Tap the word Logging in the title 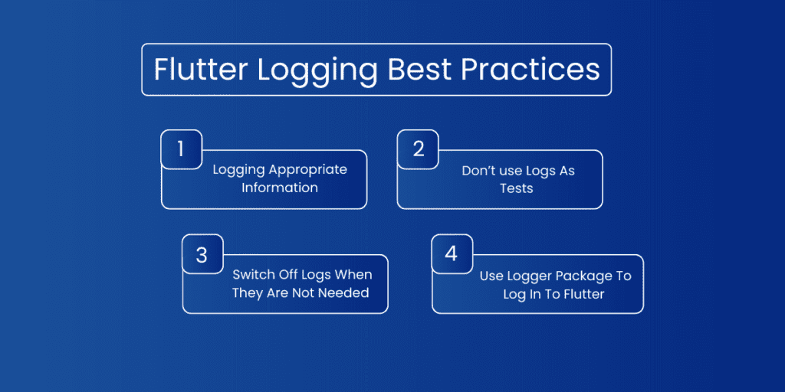[317, 71]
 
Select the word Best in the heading [419, 70]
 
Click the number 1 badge [181, 149]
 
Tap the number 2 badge [418, 149]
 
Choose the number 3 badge [202, 254]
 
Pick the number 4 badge [452, 253]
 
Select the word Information [280, 188]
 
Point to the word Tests [516, 188]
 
